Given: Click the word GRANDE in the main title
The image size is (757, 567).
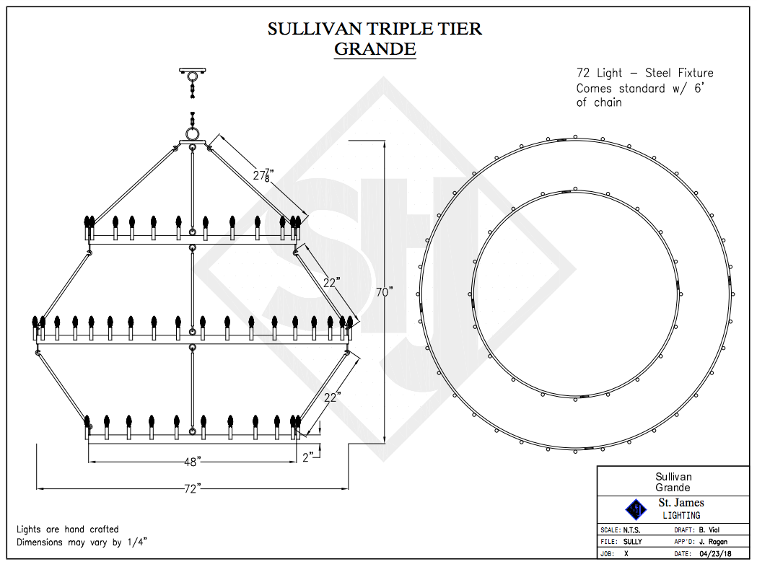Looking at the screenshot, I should pyautogui.click(x=375, y=49).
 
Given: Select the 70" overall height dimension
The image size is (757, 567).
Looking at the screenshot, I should pyautogui.click(x=385, y=292).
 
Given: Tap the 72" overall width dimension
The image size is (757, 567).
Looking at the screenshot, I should pyautogui.click(x=191, y=489).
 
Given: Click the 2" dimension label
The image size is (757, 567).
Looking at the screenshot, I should pyautogui.click(x=308, y=457).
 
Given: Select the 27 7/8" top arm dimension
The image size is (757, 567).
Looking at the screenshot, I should pyautogui.click(x=263, y=175).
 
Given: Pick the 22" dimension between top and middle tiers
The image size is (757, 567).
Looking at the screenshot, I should pyautogui.click(x=331, y=283).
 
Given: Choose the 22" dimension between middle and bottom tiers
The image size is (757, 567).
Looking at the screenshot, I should pyautogui.click(x=333, y=396).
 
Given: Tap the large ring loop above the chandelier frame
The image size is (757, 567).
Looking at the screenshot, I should pyautogui.click(x=193, y=134).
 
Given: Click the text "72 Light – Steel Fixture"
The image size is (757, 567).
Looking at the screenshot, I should pyautogui.click(x=644, y=73).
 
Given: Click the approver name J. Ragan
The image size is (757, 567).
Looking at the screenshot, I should pyautogui.click(x=712, y=542).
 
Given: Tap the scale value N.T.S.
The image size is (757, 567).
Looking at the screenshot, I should pyautogui.click(x=636, y=529).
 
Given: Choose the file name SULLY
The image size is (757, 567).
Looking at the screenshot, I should pyautogui.click(x=632, y=542).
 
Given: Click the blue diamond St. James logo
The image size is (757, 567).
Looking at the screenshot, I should pyautogui.click(x=636, y=509).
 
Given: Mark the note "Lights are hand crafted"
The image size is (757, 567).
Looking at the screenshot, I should pyautogui.click(x=68, y=529).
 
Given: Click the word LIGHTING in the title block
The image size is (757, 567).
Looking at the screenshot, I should pyautogui.click(x=681, y=515).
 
